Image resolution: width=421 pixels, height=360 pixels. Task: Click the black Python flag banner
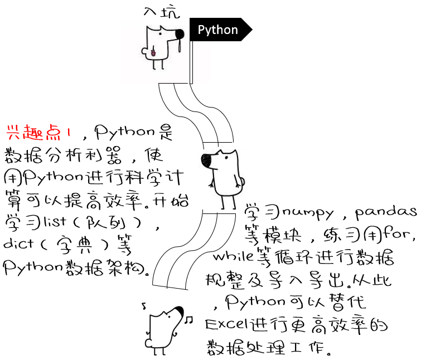point(219,30)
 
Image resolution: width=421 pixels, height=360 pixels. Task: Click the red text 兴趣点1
point(38,133)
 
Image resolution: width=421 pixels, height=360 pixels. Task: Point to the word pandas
point(386,212)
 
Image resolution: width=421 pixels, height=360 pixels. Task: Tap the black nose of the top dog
point(179,35)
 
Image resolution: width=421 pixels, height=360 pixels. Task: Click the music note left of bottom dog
point(144,305)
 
